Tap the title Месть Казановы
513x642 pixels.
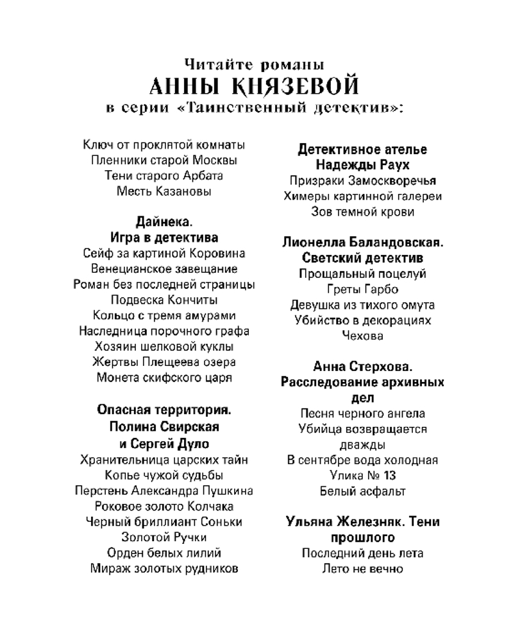coord(164,191)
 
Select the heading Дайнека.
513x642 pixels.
coord(164,222)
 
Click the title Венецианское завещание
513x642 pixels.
coord(164,268)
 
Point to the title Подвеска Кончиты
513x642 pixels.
coord(164,300)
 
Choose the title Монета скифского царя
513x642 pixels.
coord(164,377)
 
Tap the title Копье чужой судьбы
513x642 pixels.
coord(164,475)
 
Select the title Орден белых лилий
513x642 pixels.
coord(164,552)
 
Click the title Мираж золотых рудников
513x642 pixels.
coord(164,568)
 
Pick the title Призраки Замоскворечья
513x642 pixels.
coord(363,180)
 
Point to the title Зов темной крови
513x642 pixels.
coord(363,211)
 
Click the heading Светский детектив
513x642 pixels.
coord(363,258)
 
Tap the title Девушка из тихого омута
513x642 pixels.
coord(363,304)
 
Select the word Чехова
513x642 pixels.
coord(363,335)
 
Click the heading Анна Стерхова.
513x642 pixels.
coord(363,367)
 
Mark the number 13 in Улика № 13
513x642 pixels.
coord(388,476)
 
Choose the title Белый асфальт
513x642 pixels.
coord(363,491)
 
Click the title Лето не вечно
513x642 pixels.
coord(363,568)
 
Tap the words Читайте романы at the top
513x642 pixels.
coord(254,64)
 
